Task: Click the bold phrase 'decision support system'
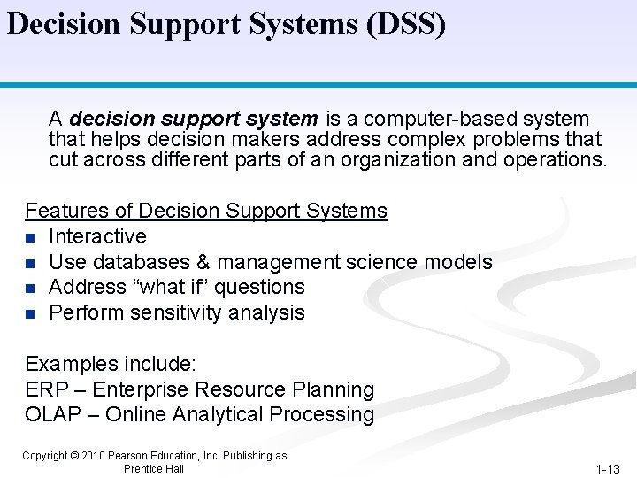pyautogui.click(x=193, y=119)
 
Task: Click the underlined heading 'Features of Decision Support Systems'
pyautogui.click(x=206, y=211)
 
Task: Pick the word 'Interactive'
pyautogui.click(x=97, y=236)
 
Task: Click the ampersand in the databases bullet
pyautogui.click(x=203, y=262)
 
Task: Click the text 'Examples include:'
pyautogui.click(x=111, y=364)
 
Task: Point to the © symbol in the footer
pyautogui.click(x=74, y=456)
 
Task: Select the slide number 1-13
pyautogui.click(x=608, y=469)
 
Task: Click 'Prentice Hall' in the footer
pyautogui.click(x=154, y=469)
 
